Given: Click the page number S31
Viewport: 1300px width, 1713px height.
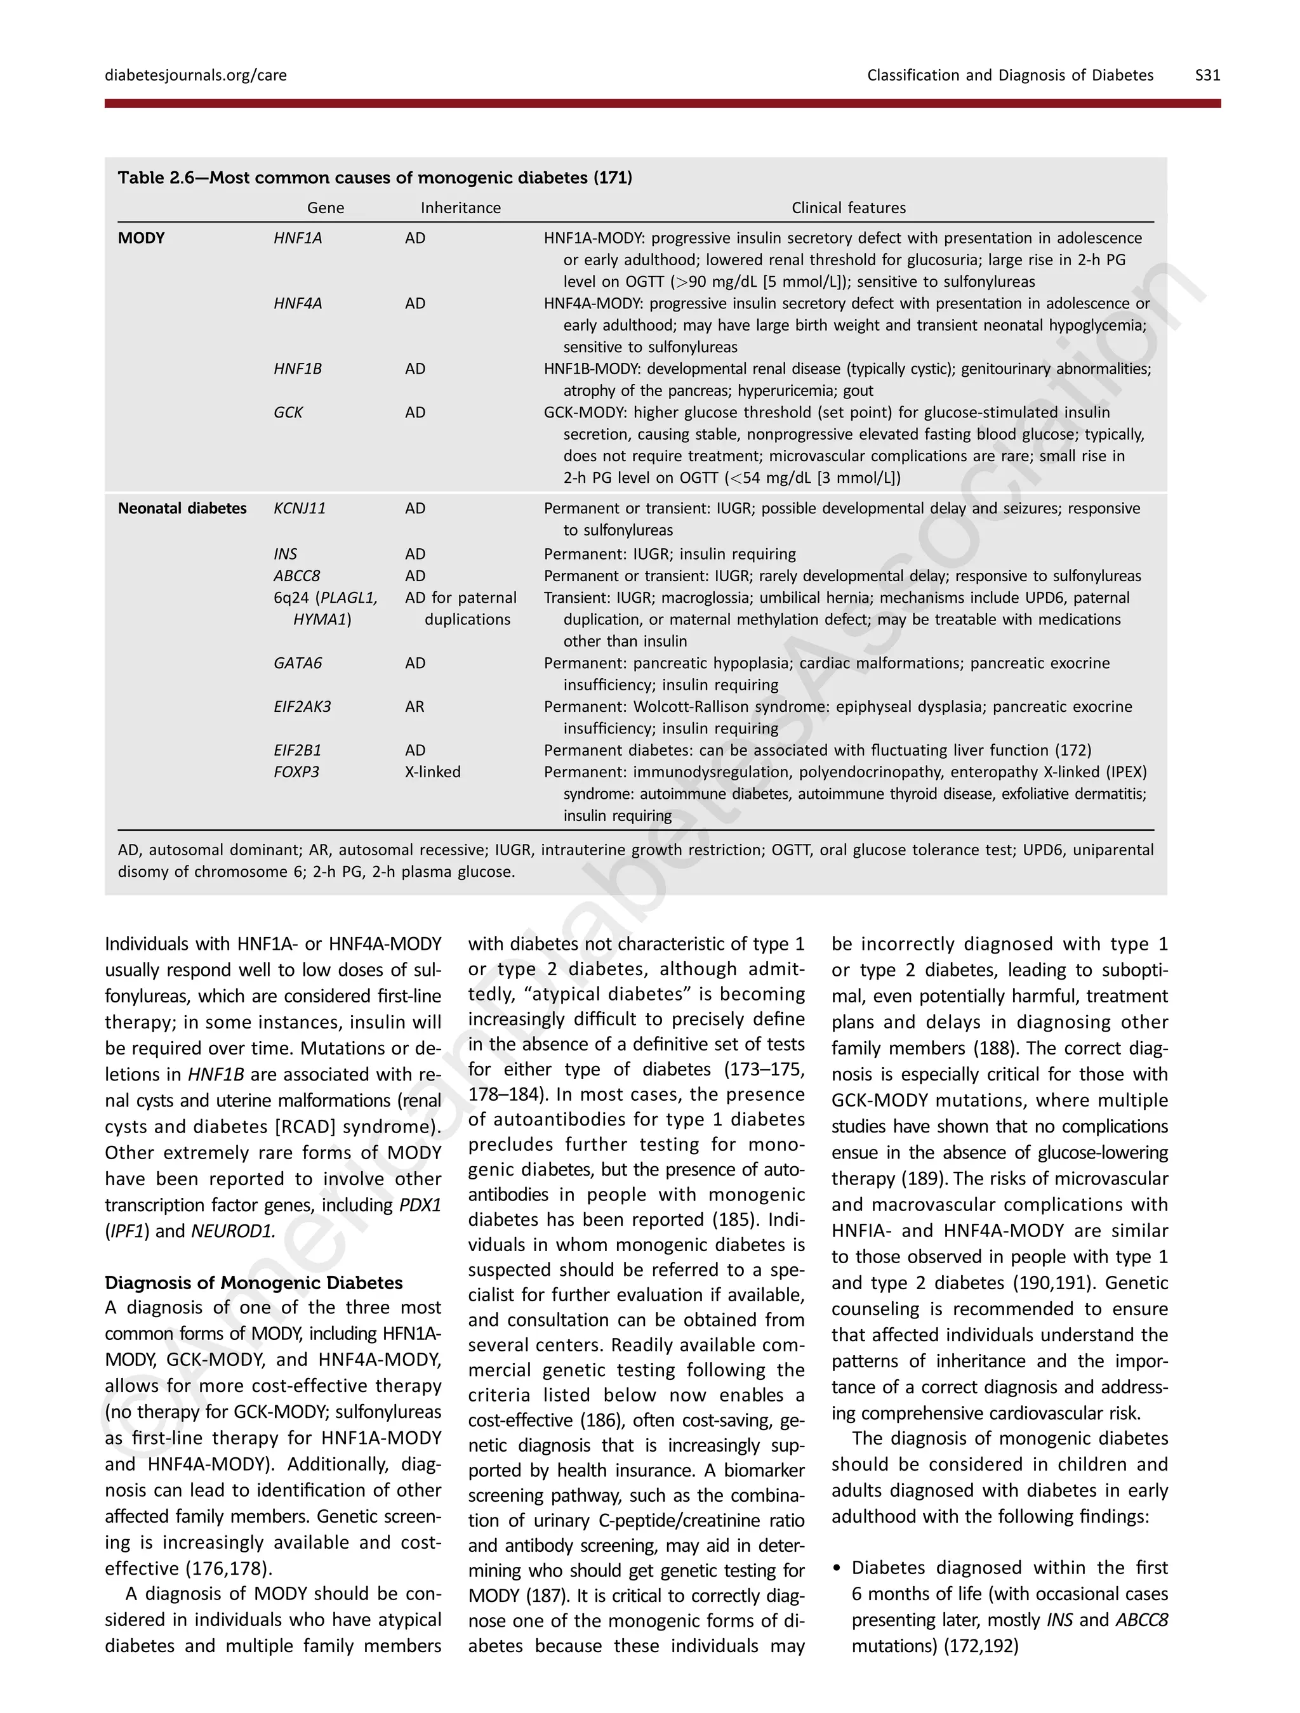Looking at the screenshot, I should pyautogui.click(x=1207, y=75).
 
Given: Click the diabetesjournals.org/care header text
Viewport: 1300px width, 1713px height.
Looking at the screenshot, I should pyautogui.click(x=196, y=75).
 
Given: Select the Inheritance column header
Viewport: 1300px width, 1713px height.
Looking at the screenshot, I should pyautogui.click(x=460, y=207).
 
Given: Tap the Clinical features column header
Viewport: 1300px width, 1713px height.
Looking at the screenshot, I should pyautogui.click(x=848, y=207).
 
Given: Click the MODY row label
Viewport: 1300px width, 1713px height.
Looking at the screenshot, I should pyautogui.click(x=141, y=238).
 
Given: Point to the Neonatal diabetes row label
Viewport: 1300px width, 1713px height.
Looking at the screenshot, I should pyautogui.click(x=182, y=508).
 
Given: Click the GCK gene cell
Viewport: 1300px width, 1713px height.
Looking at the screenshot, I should pyautogui.click(x=288, y=412).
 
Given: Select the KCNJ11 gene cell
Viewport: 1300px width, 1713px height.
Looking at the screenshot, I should pyautogui.click(x=299, y=508).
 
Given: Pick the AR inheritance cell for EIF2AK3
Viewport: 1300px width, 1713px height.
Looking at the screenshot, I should pyautogui.click(x=415, y=706).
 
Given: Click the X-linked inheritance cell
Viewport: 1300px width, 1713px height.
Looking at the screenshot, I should pyautogui.click(x=432, y=771).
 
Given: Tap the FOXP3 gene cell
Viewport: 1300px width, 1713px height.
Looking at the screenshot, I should pyautogui.click(x=296, y=771).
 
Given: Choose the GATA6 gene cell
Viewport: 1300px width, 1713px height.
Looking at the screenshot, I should pyautogui.click(x=298, y=663).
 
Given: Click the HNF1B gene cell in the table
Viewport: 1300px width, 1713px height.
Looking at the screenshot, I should pyautogui.click(x=298, y=369).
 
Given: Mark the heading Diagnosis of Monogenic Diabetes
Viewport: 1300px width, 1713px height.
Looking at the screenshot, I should pyautogui.click(x=253, y=1282).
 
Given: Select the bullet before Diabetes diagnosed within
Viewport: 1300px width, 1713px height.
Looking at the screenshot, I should pyautogui.click(x=837, y=1568).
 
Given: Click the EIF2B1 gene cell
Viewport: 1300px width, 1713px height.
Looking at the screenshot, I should pyautogui.click(x=298, y=750).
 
